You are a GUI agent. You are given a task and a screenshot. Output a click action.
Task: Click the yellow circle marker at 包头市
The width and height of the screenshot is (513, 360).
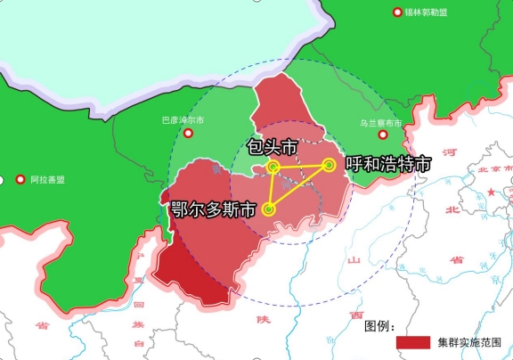point(273,167)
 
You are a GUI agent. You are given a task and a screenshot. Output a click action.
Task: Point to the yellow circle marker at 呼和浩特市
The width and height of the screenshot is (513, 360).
point(329,164)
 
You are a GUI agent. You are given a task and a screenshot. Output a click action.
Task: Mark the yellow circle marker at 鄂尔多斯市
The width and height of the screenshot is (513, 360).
point(268,210)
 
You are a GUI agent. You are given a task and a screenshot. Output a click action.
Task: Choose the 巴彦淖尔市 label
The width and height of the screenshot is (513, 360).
point(182,119)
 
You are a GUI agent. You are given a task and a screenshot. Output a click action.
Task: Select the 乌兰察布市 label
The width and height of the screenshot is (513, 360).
point(380,123)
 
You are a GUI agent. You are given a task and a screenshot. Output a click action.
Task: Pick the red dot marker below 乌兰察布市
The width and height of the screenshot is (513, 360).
point(383,135)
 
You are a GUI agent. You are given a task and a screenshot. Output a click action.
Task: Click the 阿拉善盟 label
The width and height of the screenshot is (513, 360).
point(47,180)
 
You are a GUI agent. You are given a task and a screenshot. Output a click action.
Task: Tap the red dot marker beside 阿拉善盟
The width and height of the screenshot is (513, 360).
point(20,180)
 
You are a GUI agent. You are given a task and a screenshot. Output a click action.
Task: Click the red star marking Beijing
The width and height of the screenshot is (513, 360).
point(490,192)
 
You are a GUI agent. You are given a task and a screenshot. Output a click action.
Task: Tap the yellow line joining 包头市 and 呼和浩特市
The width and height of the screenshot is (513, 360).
point(301,166)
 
